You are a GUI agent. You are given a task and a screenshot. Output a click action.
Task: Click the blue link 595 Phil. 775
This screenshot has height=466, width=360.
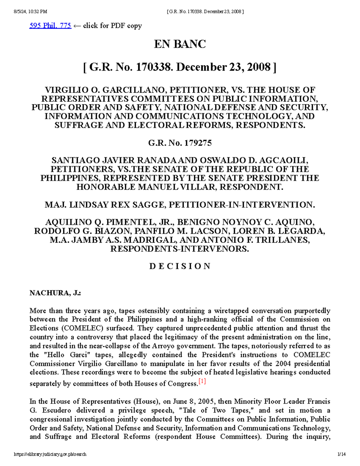(x=50, y=26)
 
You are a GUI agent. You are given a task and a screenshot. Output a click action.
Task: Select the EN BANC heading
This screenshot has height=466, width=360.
(x=180, y=44)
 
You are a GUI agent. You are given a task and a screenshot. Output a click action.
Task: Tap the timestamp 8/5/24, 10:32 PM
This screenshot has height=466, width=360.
(x=30, y=12)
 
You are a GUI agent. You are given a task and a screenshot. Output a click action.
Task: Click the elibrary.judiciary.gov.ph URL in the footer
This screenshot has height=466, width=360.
(x=50, y=454)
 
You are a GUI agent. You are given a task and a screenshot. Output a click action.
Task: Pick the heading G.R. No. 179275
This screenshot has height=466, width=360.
(x=180, y=143)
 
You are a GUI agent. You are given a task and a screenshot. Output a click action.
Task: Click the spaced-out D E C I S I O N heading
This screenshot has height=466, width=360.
(x=180, y=266)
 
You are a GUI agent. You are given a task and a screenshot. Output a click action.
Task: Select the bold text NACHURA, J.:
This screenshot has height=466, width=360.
(x=55, y=293)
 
